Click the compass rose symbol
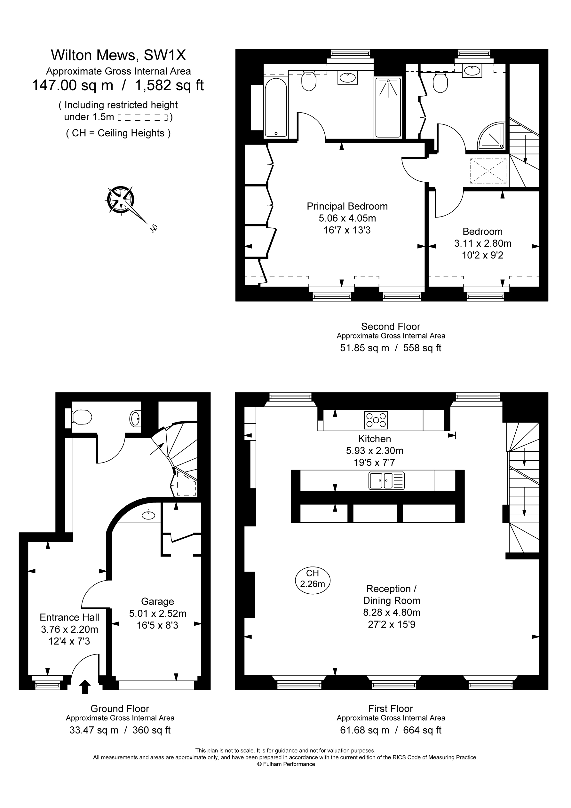(x=121, y=200)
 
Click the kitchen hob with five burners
(x=376, y=420)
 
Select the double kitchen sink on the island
(x=386, y=481)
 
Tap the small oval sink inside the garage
(x=148, y=516)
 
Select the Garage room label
(x=157, y=601)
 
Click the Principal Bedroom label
(x=347, y=206)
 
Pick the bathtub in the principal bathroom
(x=276, y=107)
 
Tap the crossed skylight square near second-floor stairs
(x=488, y=171)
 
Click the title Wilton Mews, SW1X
(x=118, y=55)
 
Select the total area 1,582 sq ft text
(x=169, y=85)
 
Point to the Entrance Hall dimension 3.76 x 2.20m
(x=69, y=629)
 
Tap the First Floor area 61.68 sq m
(x=364, y=730)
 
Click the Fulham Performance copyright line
(x=285, y=764)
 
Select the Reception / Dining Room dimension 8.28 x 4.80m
(x=392, y=612)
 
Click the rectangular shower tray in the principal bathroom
(x=388, y=107)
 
